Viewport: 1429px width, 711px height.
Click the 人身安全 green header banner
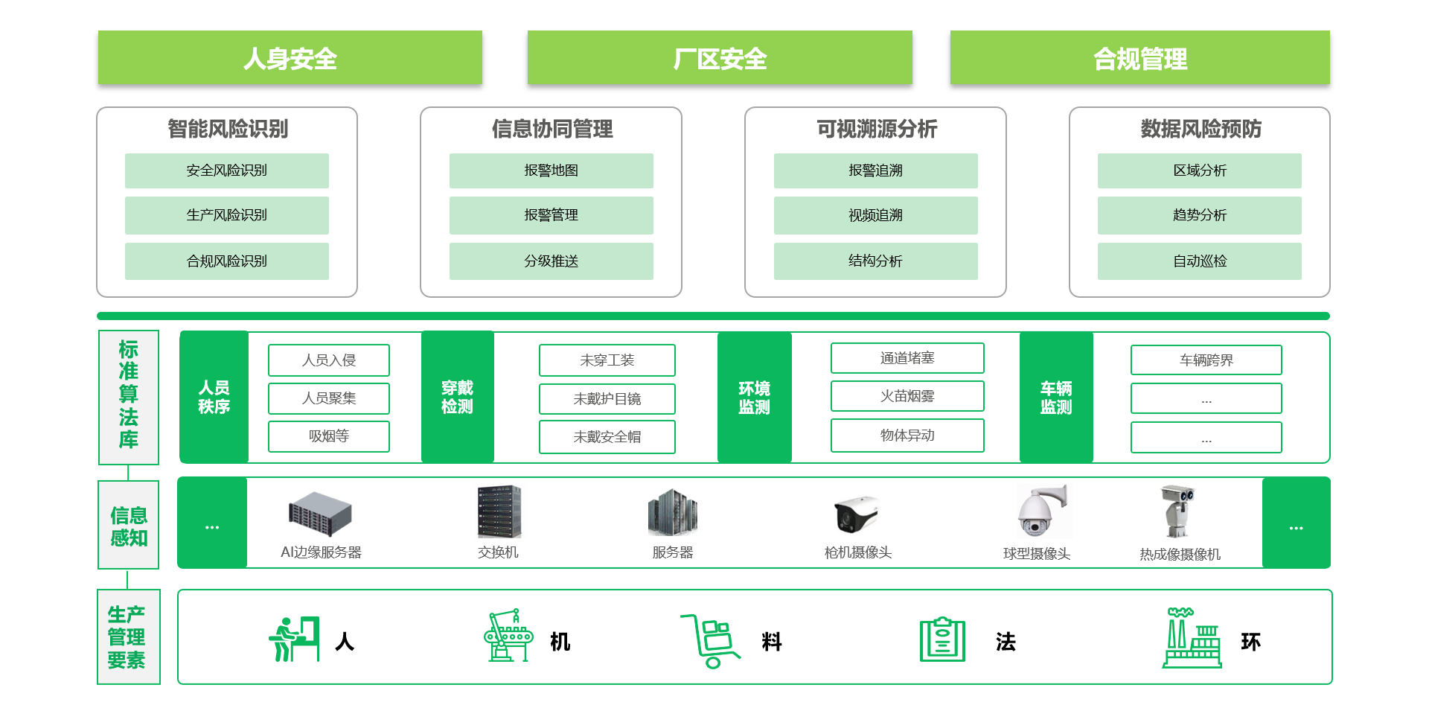(290, 58)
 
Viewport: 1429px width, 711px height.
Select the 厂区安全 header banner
(720, 58)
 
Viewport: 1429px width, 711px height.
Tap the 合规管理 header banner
(1139, 58)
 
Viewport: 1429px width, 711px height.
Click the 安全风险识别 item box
(227, 170)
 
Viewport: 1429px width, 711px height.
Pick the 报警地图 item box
(551, 170)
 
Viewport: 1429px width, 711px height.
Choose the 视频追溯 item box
(875, 215)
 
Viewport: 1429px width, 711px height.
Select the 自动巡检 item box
(1199, 261)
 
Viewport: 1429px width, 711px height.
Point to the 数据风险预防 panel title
(1201, 129)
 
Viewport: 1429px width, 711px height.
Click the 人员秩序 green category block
(214, 398)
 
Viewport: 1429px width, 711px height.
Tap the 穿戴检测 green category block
(457, 398)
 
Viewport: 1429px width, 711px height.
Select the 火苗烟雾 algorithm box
(907, 396)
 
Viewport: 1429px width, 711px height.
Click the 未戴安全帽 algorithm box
(607, 437)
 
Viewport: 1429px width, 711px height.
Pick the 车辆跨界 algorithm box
(1206, 360)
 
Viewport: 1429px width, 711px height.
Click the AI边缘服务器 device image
(320, 514)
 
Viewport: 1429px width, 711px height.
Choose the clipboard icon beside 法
(942, 640)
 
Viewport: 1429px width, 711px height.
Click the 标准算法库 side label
(129, 395)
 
